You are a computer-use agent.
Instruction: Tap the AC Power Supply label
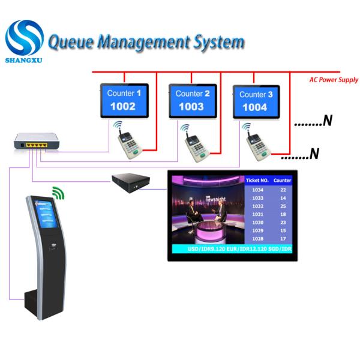334,79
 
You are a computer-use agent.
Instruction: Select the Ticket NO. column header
258,180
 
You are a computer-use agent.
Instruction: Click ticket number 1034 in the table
258,189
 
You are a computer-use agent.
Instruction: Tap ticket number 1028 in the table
258,239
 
